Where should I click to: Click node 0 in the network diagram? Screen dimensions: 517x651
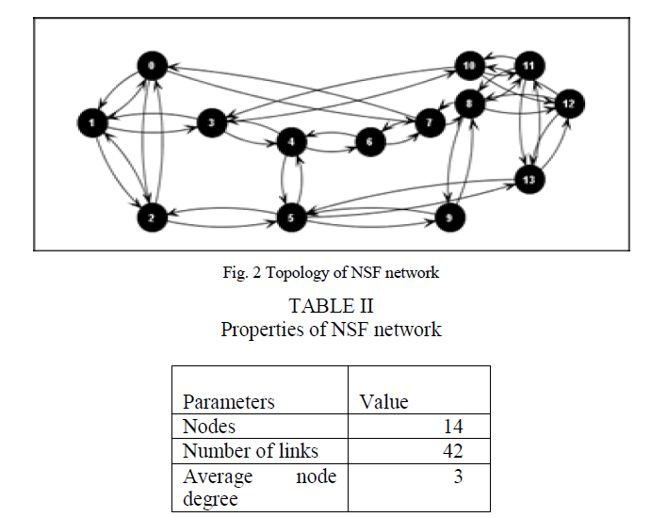(151, 66)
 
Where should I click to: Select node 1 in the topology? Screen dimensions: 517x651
(91, 122)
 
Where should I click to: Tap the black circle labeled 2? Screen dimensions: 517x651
(151, 218)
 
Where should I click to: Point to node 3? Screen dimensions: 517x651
(212, 122)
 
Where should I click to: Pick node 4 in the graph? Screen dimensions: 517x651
(292, 142)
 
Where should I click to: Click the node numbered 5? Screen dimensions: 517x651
(292, 218)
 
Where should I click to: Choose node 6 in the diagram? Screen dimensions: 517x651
(370, 142)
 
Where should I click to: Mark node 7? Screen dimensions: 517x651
(429, 122)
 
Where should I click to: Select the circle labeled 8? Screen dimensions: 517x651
(469, 103)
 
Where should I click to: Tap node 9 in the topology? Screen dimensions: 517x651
(449, 218)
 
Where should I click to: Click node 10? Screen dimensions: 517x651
(469, 66)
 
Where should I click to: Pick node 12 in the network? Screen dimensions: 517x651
(567, 103)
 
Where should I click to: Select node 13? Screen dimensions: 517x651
(529, 179)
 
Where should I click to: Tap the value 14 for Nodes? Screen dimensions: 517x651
(452, 427)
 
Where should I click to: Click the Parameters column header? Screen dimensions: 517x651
(228, 402)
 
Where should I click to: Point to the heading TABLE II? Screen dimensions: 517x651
(331, 306)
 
